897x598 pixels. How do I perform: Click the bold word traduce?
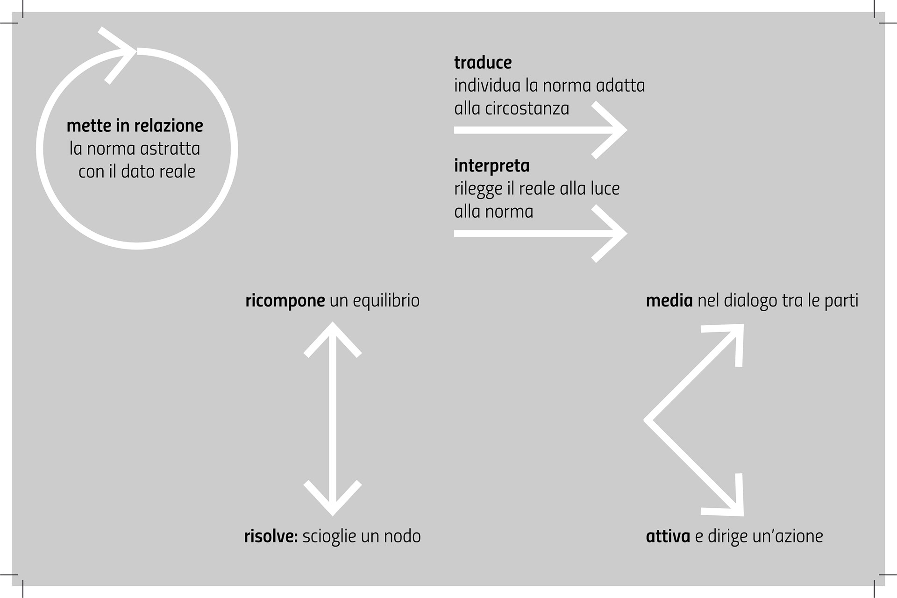[483, 63]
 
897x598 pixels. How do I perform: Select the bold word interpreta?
[491, 166]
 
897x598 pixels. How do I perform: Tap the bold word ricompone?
[285, 300]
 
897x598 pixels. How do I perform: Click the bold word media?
[669, 300]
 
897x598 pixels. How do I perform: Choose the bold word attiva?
[668, 536]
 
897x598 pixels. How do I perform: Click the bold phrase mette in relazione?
[135, 126]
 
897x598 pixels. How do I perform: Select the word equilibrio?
[386, 300]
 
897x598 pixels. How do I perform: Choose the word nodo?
[402, 536]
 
